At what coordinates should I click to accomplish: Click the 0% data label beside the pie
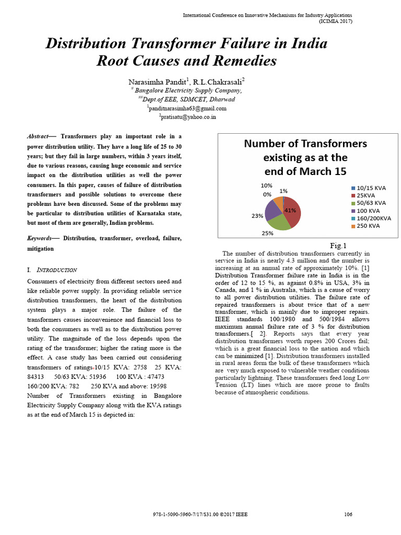point(267,194)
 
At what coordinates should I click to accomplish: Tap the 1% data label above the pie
point(283,191)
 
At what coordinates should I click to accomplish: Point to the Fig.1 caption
point(338,246)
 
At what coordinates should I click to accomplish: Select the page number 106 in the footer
point(348,514)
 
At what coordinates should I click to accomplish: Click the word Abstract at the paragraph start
point(38,136)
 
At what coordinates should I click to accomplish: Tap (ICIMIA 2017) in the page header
point(335,21)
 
